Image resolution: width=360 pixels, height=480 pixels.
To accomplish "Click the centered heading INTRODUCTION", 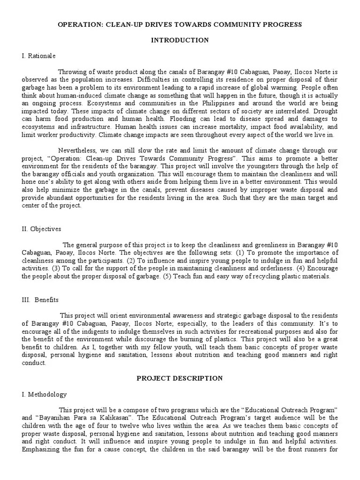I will click(x=180, y=40).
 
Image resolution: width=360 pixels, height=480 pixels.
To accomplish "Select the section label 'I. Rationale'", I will click(x=38, y=56).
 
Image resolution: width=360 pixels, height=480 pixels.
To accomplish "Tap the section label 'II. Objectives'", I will click(x=41, y=229).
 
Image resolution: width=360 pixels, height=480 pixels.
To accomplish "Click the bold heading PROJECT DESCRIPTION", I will click(x=180, y=378).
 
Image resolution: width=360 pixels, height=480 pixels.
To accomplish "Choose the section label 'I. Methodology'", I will click(x=44, y=394).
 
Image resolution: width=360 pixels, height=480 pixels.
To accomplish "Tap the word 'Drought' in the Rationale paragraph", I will click(x=325, y=111).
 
